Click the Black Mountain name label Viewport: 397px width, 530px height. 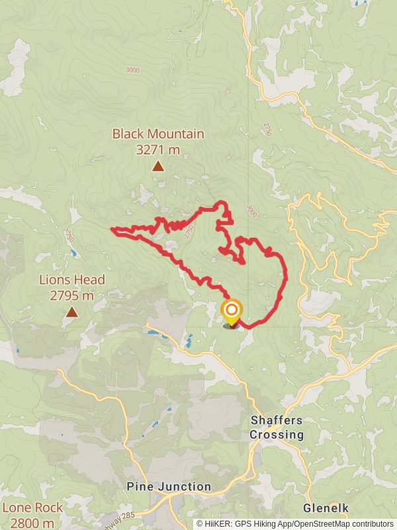(157, 134)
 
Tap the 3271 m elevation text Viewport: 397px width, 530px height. (157, 150)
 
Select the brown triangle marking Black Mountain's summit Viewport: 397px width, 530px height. (157, 166)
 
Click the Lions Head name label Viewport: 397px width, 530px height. (71, 280)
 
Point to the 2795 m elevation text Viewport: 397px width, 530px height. (71, 295)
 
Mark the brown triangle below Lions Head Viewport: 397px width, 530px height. (71, 312)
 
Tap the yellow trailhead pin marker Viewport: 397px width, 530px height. (232, 312)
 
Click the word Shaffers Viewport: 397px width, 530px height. (277, 421)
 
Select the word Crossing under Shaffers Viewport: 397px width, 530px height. (277, 435)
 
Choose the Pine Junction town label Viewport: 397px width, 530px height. (169, 487)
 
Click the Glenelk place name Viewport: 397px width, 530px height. (326, 509)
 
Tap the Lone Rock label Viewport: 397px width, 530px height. (33, 508)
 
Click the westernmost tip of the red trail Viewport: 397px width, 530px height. (112, 230)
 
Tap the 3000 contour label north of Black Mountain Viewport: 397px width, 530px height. (132, 70)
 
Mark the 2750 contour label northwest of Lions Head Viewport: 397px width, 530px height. (69, 235)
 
